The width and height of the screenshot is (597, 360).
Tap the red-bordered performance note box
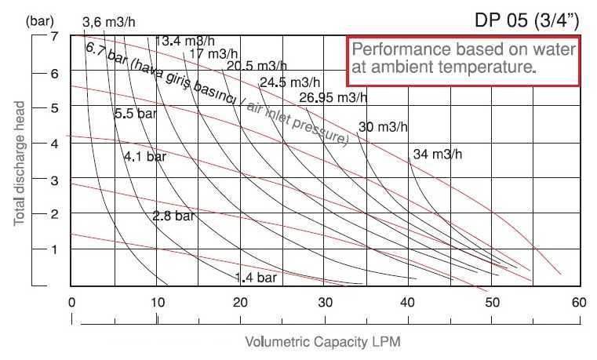pyautogui.click(x=463, y=60)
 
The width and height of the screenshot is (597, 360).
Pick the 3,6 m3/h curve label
pyautogui.click(x=110, y=23)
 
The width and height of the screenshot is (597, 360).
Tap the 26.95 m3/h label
pyautogui.click(x=333, y=98)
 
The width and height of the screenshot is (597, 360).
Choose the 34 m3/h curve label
pyautogui.click(x=437, y=154)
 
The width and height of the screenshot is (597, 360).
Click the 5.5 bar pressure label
pyautogui.click(x=136, y=115)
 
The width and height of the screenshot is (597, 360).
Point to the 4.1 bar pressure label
pyautogui.click(x=145, y=157)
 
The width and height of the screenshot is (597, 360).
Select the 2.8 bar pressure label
pyautogui.click(x=173, y=215)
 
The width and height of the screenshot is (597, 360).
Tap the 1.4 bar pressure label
pyautogui.click(x=256, y=277)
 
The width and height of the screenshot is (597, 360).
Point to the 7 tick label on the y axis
pyautogui.click(x=54, y=37)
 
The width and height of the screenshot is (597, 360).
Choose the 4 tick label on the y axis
pyautogui.click(x=54, y=143)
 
